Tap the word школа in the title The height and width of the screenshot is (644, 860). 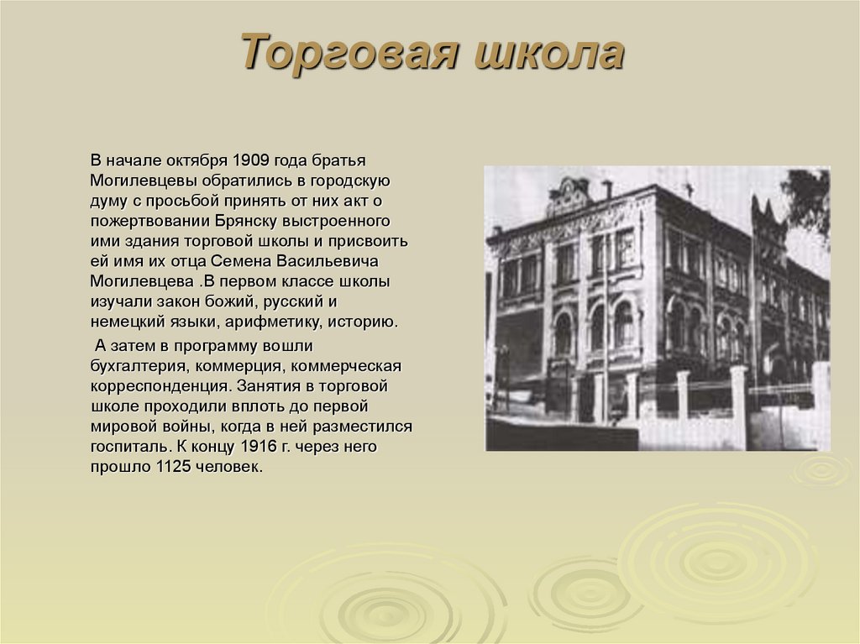549,53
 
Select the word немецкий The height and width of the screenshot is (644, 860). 123,322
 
